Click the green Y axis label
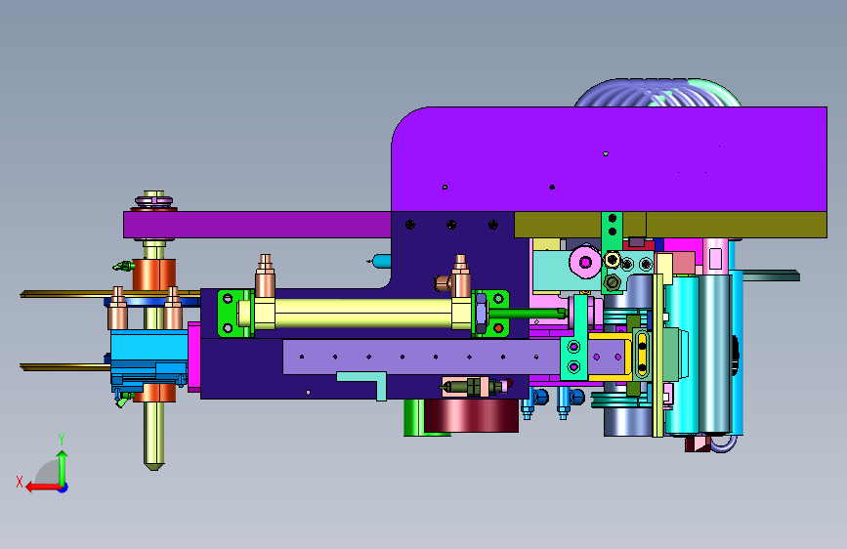[x=62, y=439]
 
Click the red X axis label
[x=20, y=482]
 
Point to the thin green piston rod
[x=528, y=313]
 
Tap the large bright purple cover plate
[x=609, y=159]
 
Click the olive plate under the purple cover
[x=670, y=225]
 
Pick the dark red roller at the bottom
[x=471, y=415]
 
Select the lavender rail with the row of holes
[x=421, y=357]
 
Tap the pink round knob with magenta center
[x=585, y=263]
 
